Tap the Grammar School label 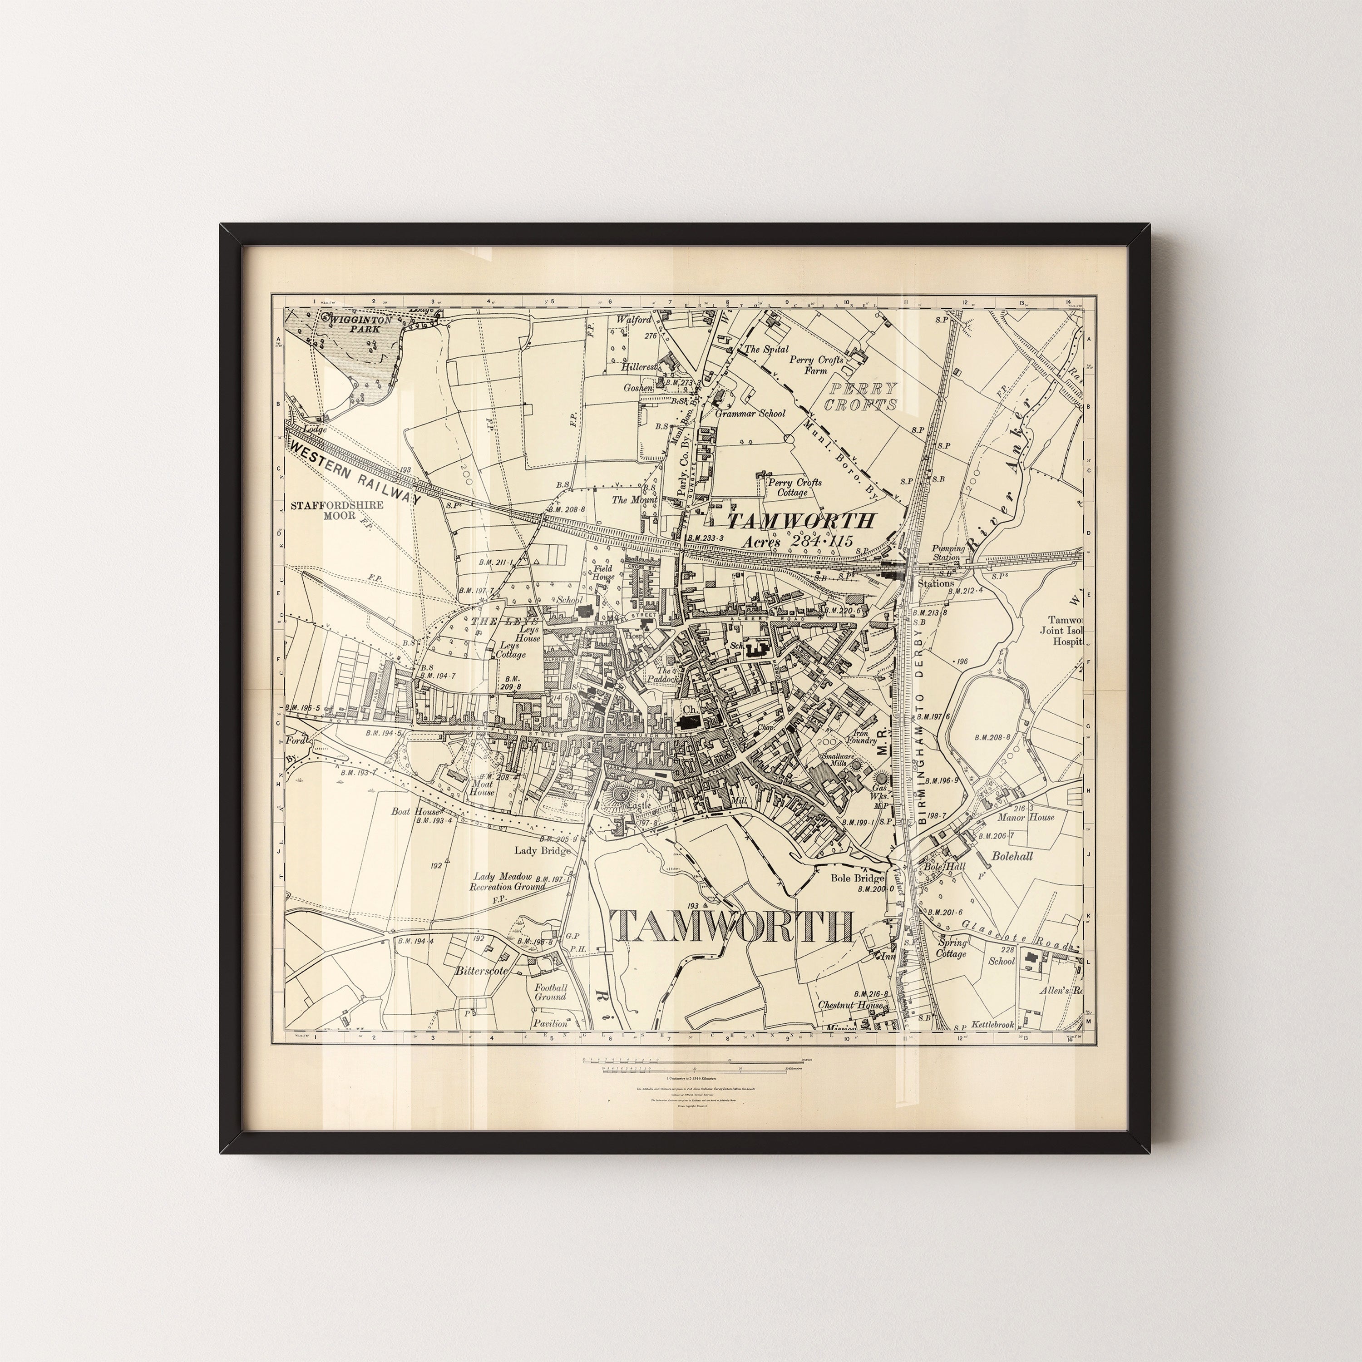[750, 413]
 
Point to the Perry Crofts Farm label [816, 365]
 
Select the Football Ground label [551, 992]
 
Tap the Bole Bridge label [857, 878]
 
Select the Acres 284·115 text [797, 542]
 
